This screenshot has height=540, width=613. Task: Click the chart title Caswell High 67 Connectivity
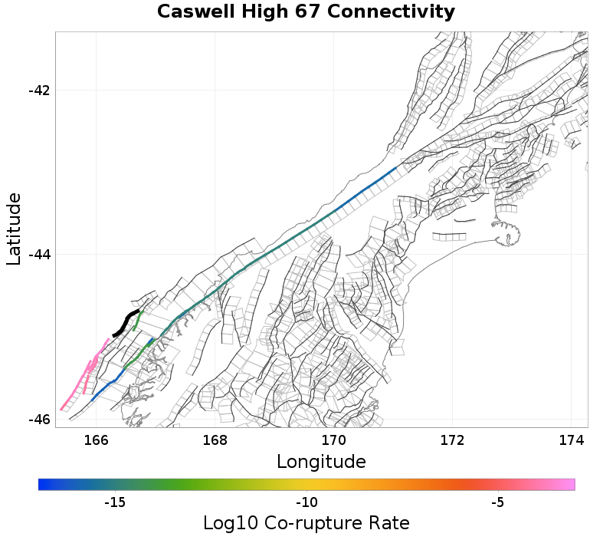[306, 12]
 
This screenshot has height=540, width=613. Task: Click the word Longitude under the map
[321, 462]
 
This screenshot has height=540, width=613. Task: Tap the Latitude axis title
[14, 229]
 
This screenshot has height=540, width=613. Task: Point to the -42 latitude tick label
[38, 91]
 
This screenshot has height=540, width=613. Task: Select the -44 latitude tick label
[38, 255]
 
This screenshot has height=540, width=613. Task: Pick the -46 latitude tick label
[38, 420]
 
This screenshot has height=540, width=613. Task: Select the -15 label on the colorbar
[115, 502]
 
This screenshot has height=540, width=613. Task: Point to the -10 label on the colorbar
[306, 502]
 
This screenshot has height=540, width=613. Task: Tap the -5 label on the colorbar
[498, 502]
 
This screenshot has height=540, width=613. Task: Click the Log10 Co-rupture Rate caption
[306, 523]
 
